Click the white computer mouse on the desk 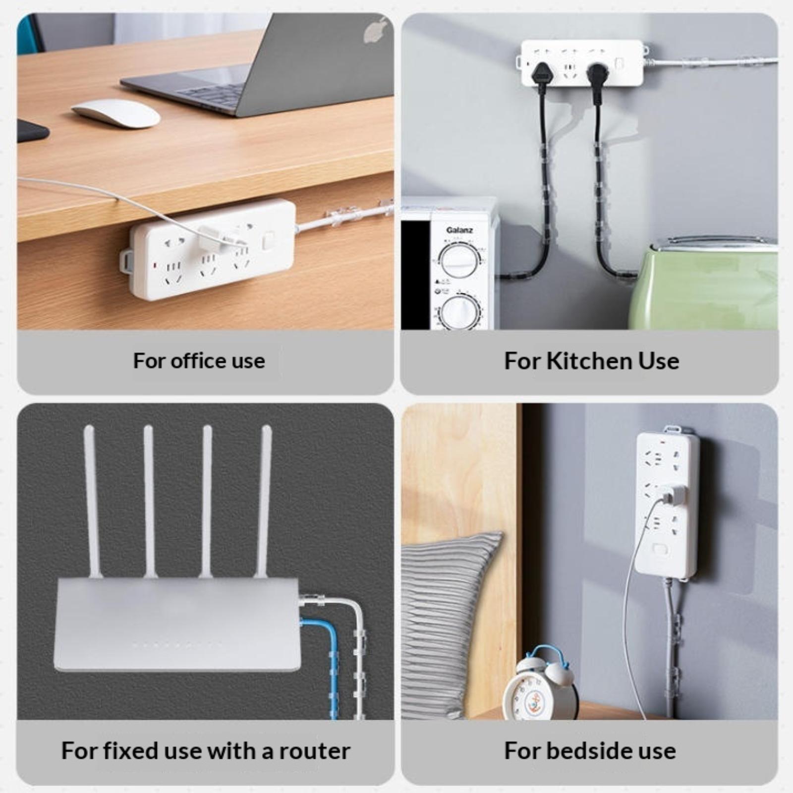(x=116, y=113)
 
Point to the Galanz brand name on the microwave (x=459, y=230)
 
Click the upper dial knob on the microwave (x=460, y=260)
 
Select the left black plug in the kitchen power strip (x=540, y=77)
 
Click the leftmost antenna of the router (x=92, y=501)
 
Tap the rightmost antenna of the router (x=263, y=501)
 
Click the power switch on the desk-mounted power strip (x=268, y=242)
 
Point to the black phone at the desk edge (x=32, y=130)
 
